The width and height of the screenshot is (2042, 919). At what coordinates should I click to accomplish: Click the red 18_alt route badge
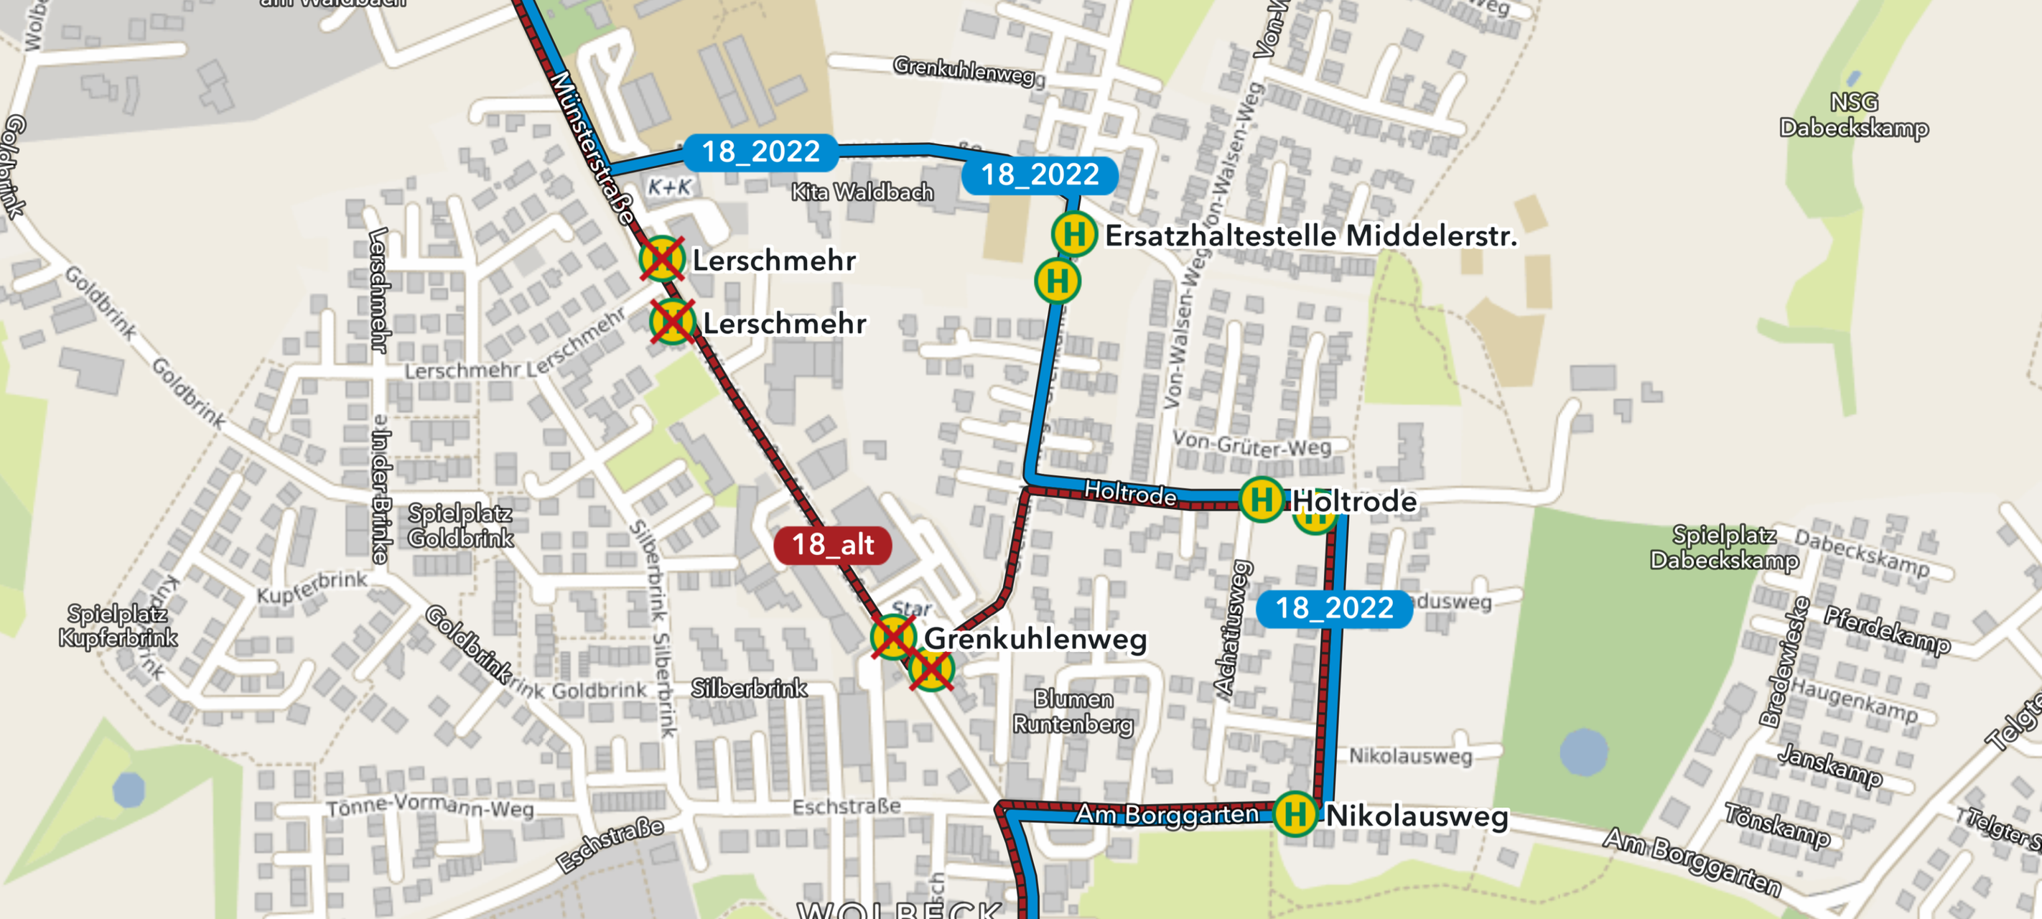click(x=832, y=545)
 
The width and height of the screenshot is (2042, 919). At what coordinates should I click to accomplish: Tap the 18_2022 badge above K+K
click(x=760, y=151)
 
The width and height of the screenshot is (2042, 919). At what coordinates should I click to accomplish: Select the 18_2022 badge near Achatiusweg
click(x=1334, y=608)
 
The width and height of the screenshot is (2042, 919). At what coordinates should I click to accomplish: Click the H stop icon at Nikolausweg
click(x=1295, y=813)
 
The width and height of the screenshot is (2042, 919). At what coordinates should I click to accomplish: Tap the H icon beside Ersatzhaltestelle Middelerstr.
click(x=1074, y=234)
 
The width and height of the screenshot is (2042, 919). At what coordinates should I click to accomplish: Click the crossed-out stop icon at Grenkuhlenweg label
click(x=893, y=637)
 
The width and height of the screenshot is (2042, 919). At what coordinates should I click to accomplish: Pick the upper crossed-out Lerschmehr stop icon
click(x=662, y=258)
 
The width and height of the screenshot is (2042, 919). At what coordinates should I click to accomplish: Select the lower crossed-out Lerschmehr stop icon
click(x=672, y=322)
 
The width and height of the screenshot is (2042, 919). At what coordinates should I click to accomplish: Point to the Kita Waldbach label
click(x=862, y=192)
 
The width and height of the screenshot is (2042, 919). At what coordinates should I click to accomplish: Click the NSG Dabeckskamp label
click(x=1853, y=115)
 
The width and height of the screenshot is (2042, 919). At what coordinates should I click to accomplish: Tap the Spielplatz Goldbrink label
click(x=460, y=526)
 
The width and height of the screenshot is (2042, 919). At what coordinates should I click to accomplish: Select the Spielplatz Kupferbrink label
click(x=117, y=625)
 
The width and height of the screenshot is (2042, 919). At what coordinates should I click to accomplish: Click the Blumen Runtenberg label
click(x=1073, y=712)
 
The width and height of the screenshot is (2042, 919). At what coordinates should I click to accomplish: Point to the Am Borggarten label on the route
click(x=1167, y=814)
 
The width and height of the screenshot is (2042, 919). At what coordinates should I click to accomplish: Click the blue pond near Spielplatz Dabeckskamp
click(x=1583, y=751)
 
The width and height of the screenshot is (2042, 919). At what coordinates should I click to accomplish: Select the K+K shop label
click(x=670, y=187)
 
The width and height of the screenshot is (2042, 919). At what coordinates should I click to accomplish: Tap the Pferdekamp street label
click(x=1887, y=630)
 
